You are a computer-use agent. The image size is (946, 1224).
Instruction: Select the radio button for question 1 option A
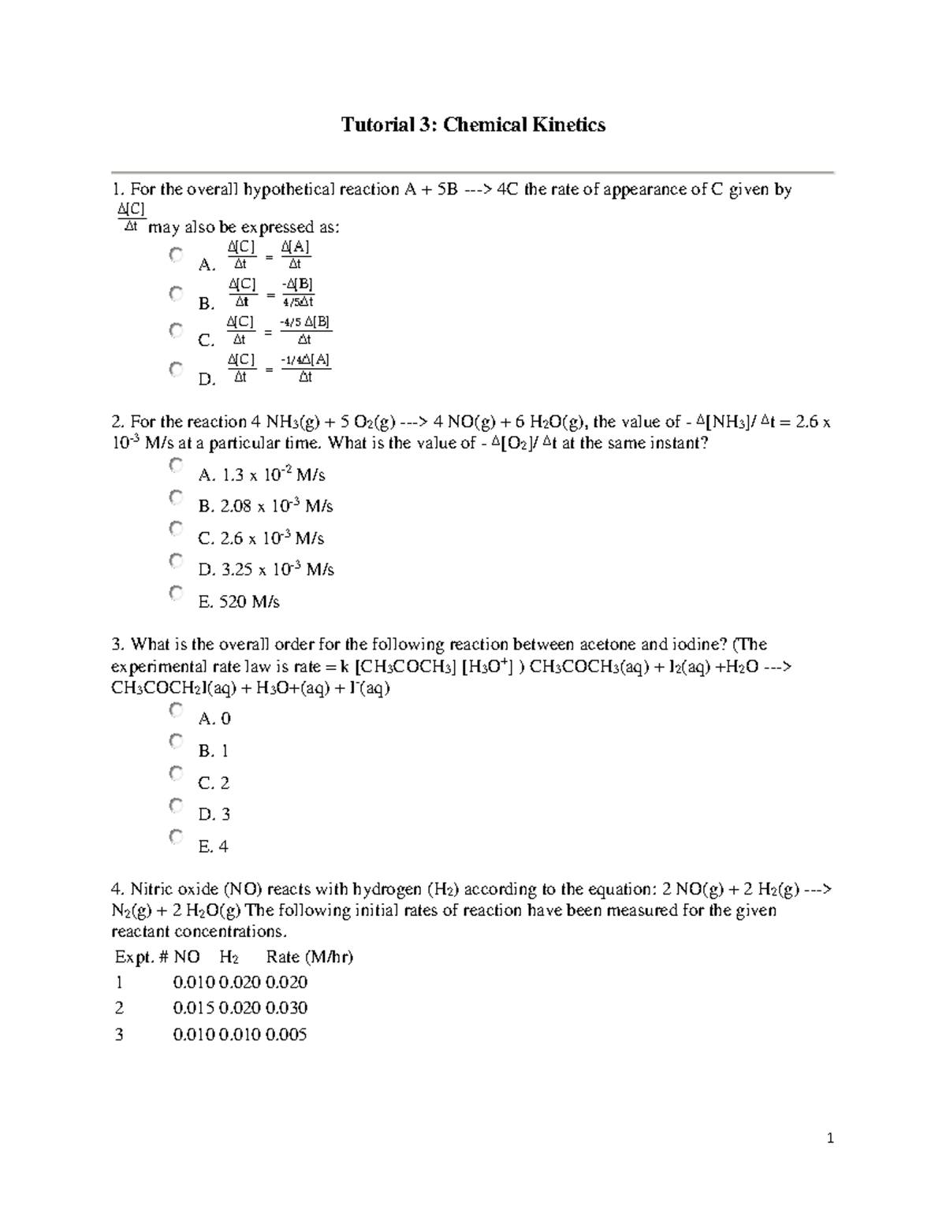pos(176,255)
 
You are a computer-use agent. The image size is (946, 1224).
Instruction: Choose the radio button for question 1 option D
pos(176,370)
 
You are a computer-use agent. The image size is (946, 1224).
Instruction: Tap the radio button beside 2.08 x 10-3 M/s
pos(176,497)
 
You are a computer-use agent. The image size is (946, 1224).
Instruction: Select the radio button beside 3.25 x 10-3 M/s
pos(176,561)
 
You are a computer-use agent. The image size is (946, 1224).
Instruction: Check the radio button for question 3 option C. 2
pos(176,774)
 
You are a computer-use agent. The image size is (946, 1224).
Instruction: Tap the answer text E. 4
pos(214,847)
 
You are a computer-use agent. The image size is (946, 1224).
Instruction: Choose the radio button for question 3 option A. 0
pos(176,710)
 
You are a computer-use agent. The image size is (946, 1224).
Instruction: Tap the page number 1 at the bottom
pos(830,1138)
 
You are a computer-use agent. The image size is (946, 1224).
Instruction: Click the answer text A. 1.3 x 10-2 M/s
pos(262,475)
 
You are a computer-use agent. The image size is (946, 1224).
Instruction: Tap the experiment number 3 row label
pos(119,1035)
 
